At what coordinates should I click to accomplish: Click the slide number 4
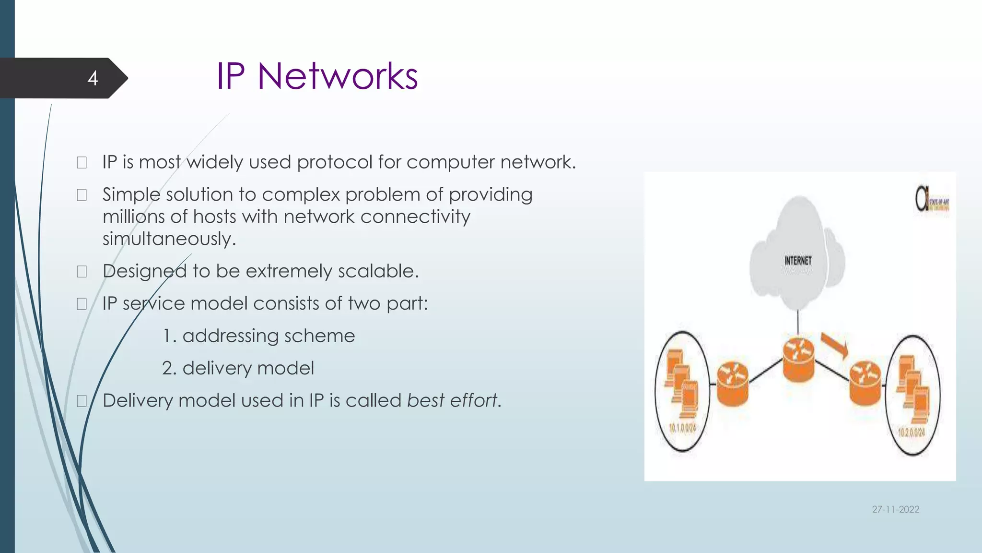click(93, 78)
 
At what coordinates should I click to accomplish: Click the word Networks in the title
click(337, 76)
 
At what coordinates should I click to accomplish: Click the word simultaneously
click(169, 239)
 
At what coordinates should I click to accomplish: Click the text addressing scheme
click(268, 336)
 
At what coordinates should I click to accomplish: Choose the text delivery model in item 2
click(248, 368)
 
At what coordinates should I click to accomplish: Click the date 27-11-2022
click(895, 509)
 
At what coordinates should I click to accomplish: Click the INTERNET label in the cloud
click(798, 261)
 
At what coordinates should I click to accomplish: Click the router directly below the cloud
click(798, 360)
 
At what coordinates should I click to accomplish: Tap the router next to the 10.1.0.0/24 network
click(732, 384)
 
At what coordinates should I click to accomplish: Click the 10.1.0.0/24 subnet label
click(682, 427)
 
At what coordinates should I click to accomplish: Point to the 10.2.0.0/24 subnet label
click(911, 432)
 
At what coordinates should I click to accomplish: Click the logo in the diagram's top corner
click(932, 199)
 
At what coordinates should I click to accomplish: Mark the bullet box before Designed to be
click(82, 272)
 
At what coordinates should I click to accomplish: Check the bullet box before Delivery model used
click(82, 401)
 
